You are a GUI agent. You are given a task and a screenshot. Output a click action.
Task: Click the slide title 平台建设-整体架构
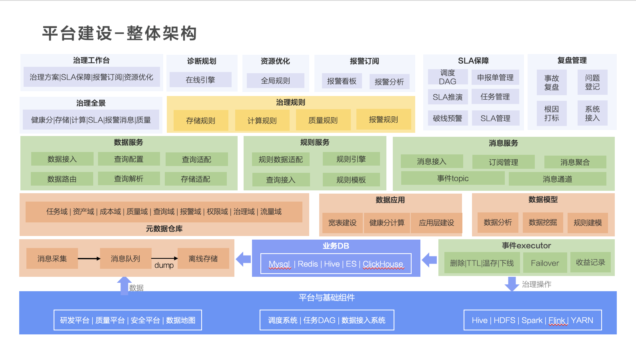click(119, 33)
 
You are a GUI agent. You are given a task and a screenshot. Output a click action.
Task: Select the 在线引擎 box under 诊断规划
click(200, 80)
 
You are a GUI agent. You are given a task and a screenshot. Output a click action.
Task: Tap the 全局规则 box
click(276, 81)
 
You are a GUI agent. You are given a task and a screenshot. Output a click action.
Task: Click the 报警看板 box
click(342, 81)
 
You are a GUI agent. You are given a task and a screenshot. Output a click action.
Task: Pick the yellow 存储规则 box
click(201, 121)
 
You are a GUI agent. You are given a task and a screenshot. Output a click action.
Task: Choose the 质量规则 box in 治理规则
click(323, 120)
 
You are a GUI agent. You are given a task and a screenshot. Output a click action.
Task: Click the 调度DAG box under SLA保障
click(448, 77)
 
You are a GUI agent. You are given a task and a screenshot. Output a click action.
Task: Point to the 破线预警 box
click(448, 118)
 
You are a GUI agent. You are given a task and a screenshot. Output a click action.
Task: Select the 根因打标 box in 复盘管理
click(552, 113)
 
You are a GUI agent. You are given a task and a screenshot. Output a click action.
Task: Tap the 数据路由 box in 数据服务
click(62, 179)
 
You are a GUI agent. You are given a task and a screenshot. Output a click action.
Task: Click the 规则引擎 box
click(351, 159)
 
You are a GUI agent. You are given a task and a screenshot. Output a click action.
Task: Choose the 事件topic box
click(453, 178)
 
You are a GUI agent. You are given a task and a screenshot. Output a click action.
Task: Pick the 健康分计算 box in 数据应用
click(387, 222)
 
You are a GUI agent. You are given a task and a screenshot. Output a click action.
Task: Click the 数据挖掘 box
click(543, 222)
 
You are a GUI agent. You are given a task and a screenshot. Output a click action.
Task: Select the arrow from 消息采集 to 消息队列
click(89, 258)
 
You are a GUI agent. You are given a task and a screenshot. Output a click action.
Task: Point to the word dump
click(164, 265)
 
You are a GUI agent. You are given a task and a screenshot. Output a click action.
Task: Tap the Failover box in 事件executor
click(545, 263)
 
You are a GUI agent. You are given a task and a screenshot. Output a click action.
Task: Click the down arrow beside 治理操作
click(512, 284)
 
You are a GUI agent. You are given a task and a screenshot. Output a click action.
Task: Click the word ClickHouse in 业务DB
click(383, 264)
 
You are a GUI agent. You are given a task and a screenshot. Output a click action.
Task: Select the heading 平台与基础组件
click(326, 298)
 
